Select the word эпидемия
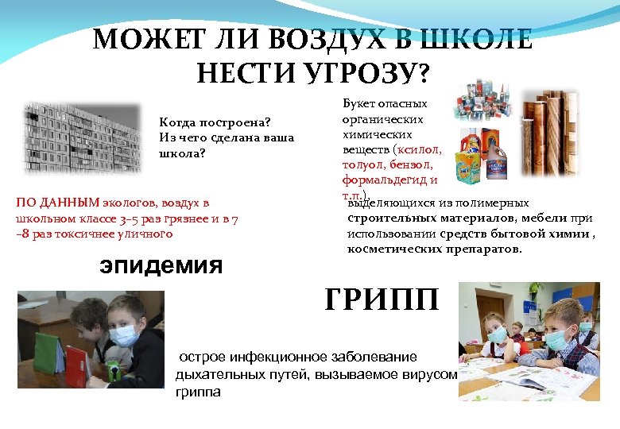tap(161, 265)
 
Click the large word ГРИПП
tap(382, 300)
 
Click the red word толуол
tap(359, 165)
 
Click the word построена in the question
tap(232, 122)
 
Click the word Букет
tap(358, 104)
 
